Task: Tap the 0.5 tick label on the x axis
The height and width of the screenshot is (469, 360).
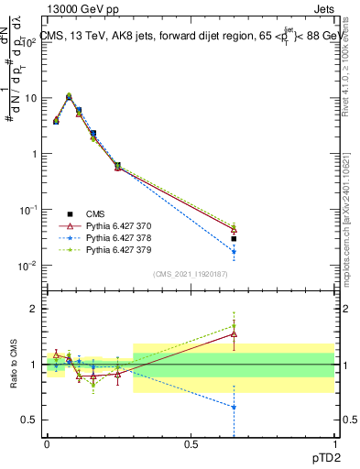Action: pyautogui.click(x=191, y=443)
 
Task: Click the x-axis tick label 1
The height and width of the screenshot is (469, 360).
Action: pyautogui.click(x=333, y=443)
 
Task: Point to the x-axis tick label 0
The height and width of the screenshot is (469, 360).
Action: pyautogui.click(x=47, y=443)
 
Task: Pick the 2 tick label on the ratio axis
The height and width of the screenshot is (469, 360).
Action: pyautogui.click(x=34, y=309)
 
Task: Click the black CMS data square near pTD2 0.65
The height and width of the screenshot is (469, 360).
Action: pyautogui.click(x=235, y=238)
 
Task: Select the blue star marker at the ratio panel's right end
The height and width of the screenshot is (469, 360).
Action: pyautogui.click(x=235, y=407)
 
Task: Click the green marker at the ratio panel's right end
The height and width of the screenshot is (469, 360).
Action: pyautogui.click(x=235, y=326)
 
